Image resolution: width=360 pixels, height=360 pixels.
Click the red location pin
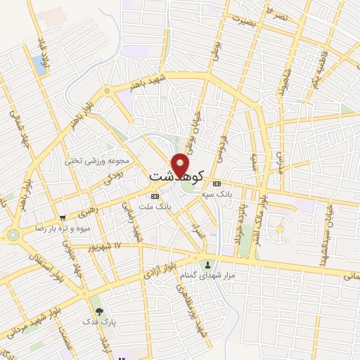click(181, 165)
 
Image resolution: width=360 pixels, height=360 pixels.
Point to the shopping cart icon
click(63, 218)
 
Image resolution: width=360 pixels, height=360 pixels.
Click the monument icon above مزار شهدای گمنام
click(207, 265)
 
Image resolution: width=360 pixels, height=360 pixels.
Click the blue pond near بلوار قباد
click(39, 65)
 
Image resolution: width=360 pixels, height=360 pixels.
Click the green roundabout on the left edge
click(13, 235)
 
